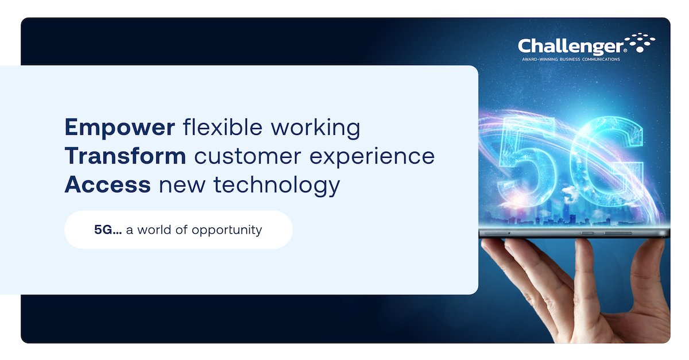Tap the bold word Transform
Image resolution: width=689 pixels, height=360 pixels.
pyautogui.click(x=125, y=156)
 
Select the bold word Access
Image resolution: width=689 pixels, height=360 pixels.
pyautogui.click(x=108, y=185)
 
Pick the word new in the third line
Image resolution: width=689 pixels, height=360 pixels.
pyautogui.click(x=175, y=185)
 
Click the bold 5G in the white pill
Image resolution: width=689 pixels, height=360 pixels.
pyautogui.click(x=107, y=230)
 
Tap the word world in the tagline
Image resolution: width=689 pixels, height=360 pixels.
pyautogui.click(x=159, y=230)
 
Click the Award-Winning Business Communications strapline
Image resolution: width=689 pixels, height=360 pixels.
pyautogui.click(x=570, y=59)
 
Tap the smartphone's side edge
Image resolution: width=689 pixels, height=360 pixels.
pyautogui.click(x=574, y=233)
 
